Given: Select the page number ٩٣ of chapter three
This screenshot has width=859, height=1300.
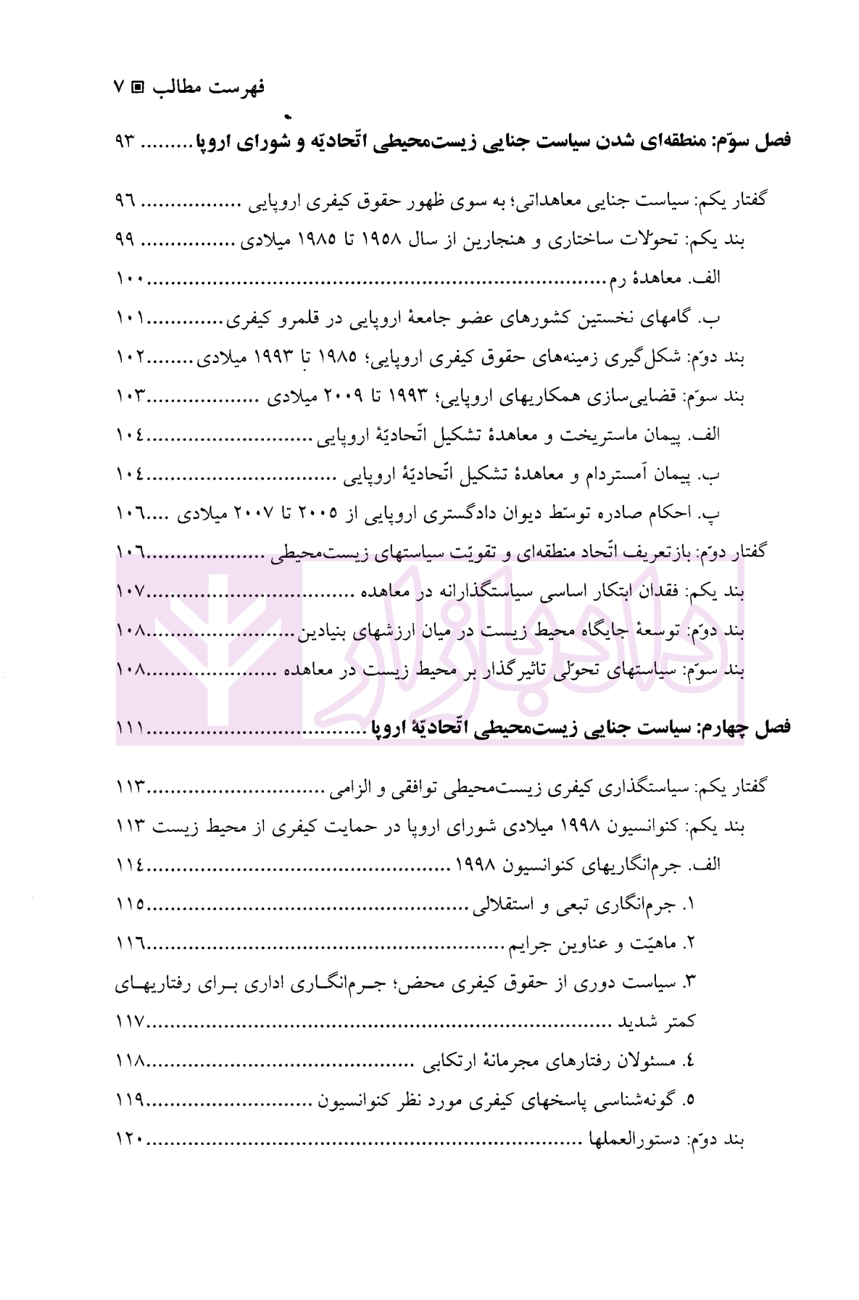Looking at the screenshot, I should pyautogui.click(x=125, y=141).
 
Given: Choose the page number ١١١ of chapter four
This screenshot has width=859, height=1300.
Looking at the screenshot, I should pyautogui.click(x=130, y=728).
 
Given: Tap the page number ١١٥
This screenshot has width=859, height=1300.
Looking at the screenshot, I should pyautogui.click(x=130, y=904).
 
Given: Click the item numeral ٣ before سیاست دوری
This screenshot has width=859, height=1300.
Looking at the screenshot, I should pyautogui.click(x=689, y=983).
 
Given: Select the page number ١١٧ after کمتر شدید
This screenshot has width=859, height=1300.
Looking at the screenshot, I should pyautogui.click(x=130, y=1022).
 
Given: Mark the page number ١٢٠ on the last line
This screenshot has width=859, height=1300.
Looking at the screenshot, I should pyautogui.click(x=130, y=1139).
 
